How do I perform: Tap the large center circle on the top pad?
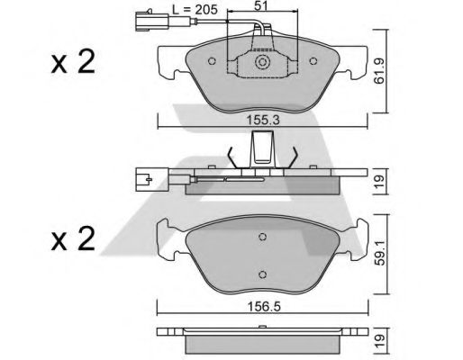click(263, 63)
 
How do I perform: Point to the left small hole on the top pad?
click(212, 63)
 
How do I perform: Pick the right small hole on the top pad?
click(314, 63)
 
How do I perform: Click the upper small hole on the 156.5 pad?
click(262, 236)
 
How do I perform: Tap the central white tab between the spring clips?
click(262, 147)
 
